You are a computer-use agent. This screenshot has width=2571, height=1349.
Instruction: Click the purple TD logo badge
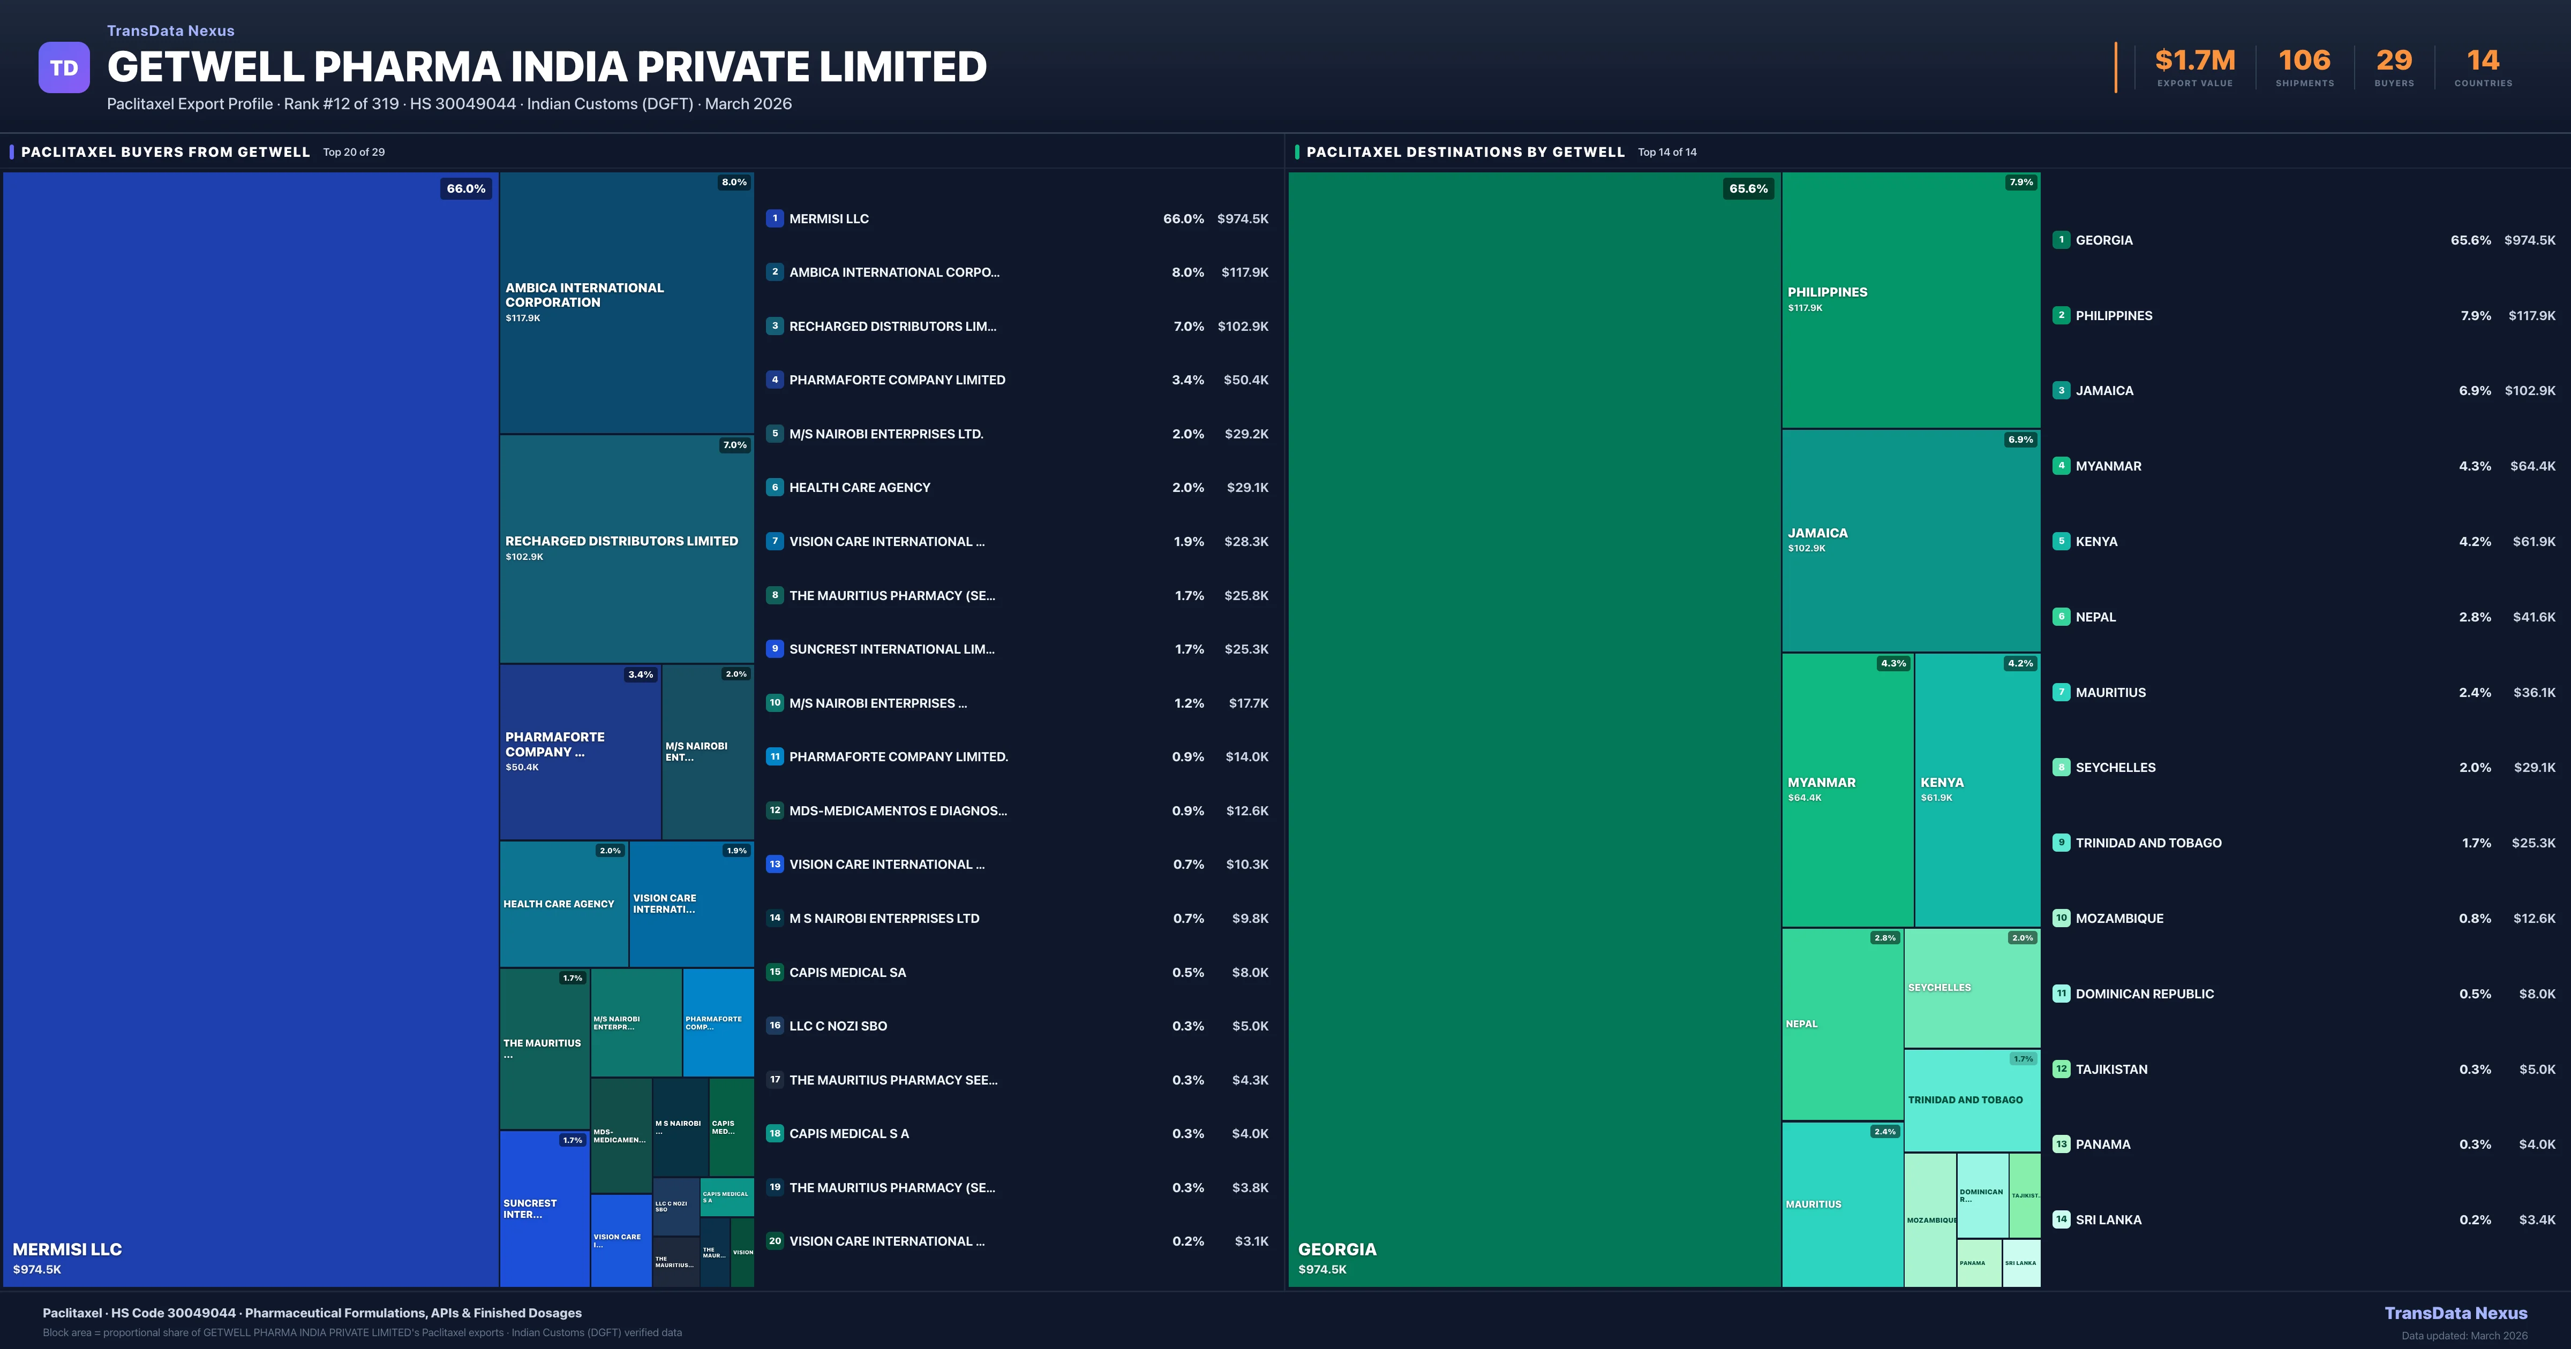point(64,68)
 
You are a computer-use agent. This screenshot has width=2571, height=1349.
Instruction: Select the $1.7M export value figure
point(2195,61)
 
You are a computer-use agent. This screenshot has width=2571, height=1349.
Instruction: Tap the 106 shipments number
point(2304,61)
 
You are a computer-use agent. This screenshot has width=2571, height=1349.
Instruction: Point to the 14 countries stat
point(2483,61)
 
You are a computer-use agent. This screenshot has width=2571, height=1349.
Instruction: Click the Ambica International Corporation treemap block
point(626,302)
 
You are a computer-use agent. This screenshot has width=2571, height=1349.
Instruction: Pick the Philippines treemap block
point(1910,299)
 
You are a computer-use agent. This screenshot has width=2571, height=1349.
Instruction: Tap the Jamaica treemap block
point(1910,540)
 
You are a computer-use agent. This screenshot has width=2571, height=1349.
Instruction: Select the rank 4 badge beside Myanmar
point(2061,466)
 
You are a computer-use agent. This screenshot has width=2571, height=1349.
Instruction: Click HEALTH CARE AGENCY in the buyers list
point(859,488)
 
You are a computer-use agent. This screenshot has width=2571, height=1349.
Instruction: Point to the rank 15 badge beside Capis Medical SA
point(775,972)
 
